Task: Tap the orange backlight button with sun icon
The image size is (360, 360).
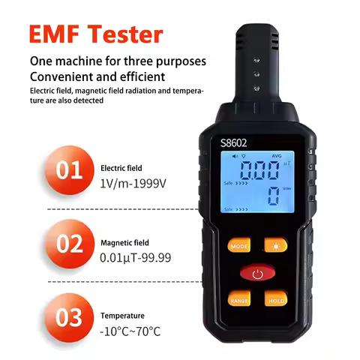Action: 275,244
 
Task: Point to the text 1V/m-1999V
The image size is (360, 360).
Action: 131,184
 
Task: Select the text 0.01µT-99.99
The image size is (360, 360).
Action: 135,257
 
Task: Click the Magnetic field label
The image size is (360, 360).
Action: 124,242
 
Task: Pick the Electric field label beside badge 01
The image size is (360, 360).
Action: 121,169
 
